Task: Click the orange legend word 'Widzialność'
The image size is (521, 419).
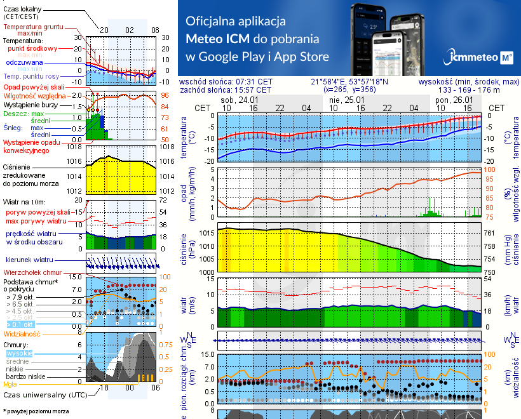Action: [x=22, y=333]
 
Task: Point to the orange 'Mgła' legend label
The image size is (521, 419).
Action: [x=10, y=383]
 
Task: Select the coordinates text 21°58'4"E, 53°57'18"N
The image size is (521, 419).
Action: [x=350, y=82]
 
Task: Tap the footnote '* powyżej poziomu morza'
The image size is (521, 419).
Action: [x=35, y=411]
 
